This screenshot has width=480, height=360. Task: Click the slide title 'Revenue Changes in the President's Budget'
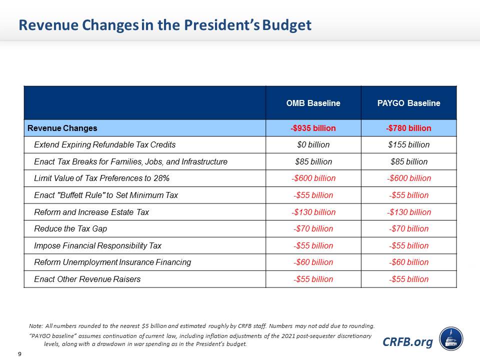(x=164, y=25)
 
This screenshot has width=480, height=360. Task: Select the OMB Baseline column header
(x=313, y=103)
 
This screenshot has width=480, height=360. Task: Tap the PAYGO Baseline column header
(x=408, y=103)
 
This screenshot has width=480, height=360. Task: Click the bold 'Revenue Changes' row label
(x=62, y=128)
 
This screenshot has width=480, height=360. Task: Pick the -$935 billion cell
(x=313, y=128)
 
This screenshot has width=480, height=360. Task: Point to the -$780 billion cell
(x=408, y=128)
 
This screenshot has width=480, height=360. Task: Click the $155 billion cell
(x=408, y=145)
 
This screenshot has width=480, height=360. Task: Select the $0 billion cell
(x=313, y=145)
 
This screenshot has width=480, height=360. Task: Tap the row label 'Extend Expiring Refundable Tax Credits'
(x=105, y=145)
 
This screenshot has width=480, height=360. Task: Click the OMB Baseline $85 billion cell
(x=313, y=161)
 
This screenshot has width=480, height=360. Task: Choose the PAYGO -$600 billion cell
(x=408, y=178)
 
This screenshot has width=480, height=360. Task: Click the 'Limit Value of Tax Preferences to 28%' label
(x=102, y=178)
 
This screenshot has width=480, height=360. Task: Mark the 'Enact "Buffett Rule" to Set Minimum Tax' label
(x=106, y=195)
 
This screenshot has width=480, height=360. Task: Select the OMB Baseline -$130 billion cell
(x=313, y=212)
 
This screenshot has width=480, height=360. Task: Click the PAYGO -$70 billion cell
(x=408, y=229)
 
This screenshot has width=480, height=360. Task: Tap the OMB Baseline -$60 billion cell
(x=313, y=262)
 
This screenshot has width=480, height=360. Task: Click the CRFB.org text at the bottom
(x=407, y=342)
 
